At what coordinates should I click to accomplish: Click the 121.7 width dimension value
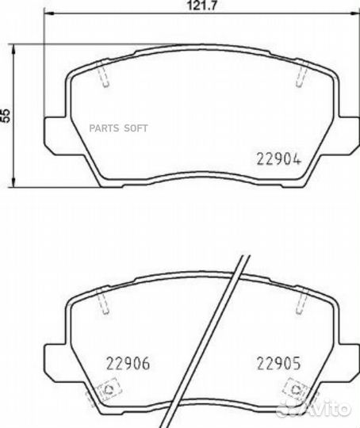(x=201, y=6)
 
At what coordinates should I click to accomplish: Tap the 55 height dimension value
(x=6, y=115)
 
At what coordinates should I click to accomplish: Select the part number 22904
(x=278, y=159)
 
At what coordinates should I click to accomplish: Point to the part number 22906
(x=128, y=363)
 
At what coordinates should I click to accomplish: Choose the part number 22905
(x=278, y=363)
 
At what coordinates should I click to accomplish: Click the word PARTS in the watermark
(x=104, y=128)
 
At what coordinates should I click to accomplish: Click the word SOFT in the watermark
(x=136, y=128)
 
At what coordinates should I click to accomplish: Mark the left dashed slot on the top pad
(x=103, y=74)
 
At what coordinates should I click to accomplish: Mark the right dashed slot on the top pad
(x=302, y=74)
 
